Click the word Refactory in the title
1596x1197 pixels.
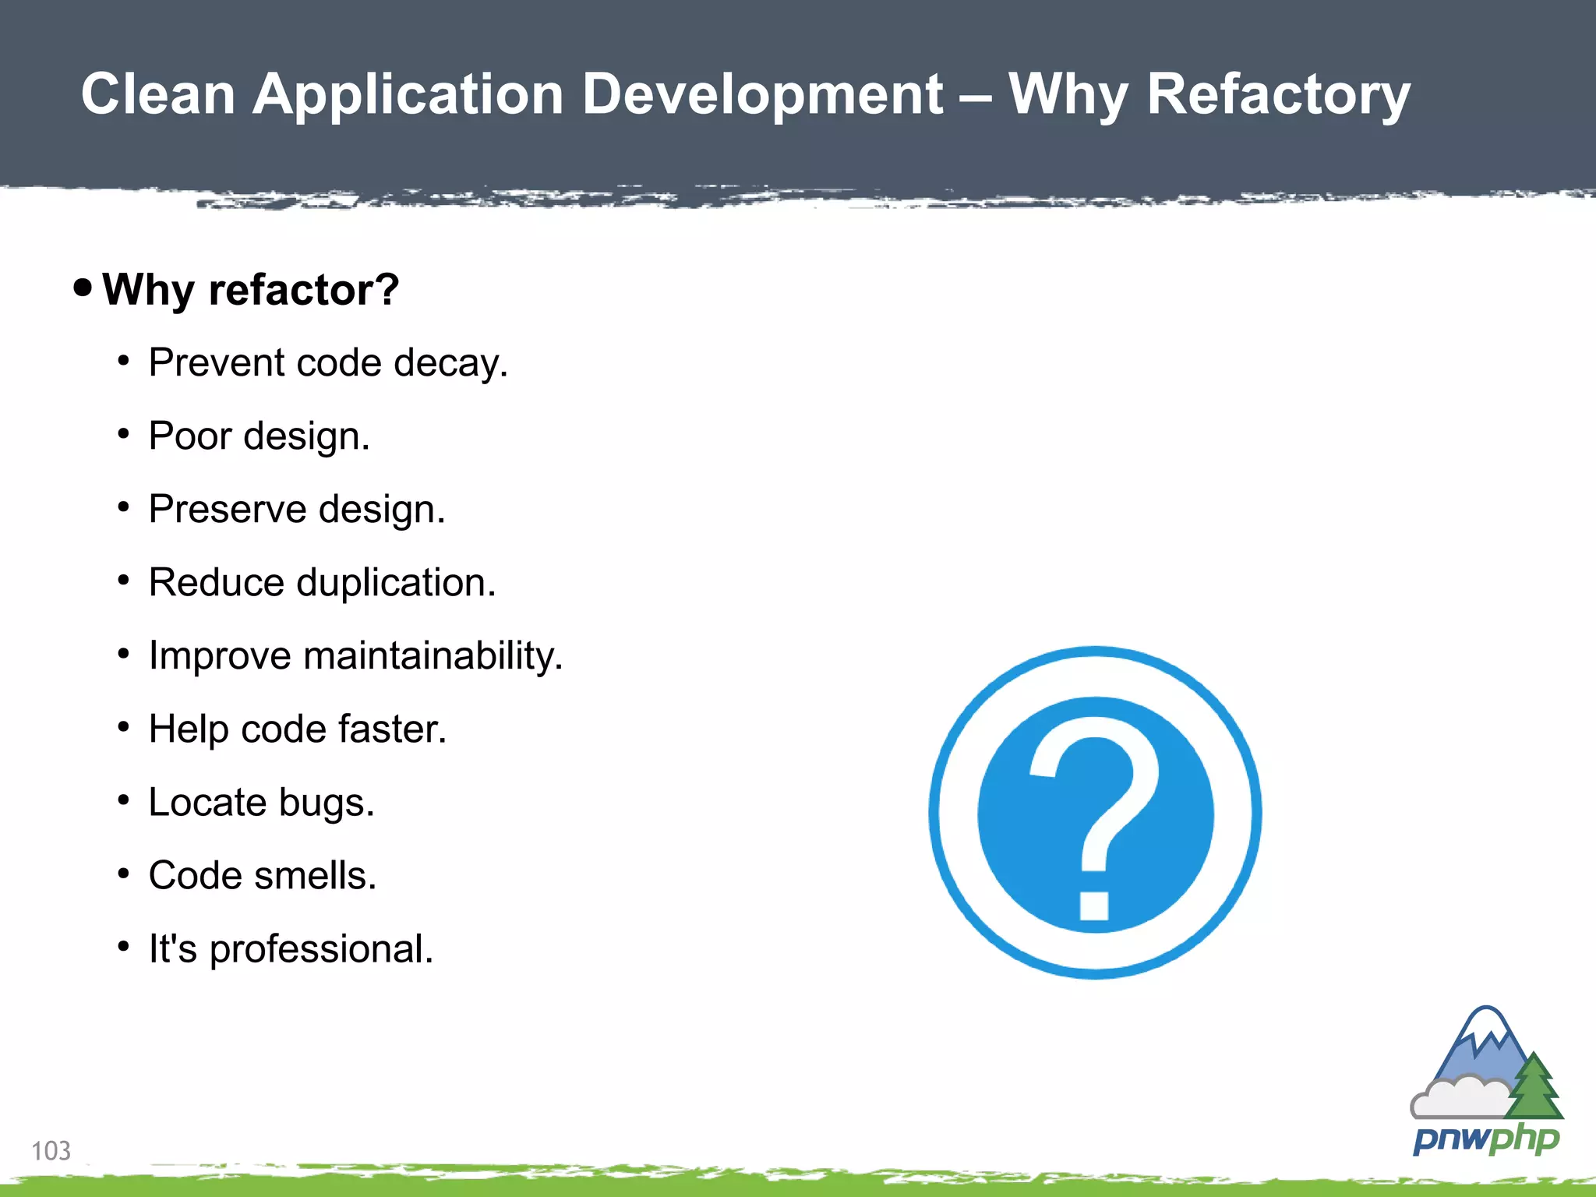pyautogui.click(x=1278, y=95)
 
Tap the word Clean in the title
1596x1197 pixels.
pyautogui.click(x=158, y=95)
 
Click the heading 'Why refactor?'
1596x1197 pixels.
pyautogui.click(x=250, y=290)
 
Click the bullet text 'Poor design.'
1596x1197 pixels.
pyautogui.click(x=259, y=436)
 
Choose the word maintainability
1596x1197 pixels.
pyautogui.click(x=433, y=656)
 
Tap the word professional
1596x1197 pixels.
pyautogui.click(x=321, y=950)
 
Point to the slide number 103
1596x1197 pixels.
pyautogui.click(x=51, y=1151)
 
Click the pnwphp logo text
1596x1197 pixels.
pyautogui.click(x=1485, y=1139)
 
